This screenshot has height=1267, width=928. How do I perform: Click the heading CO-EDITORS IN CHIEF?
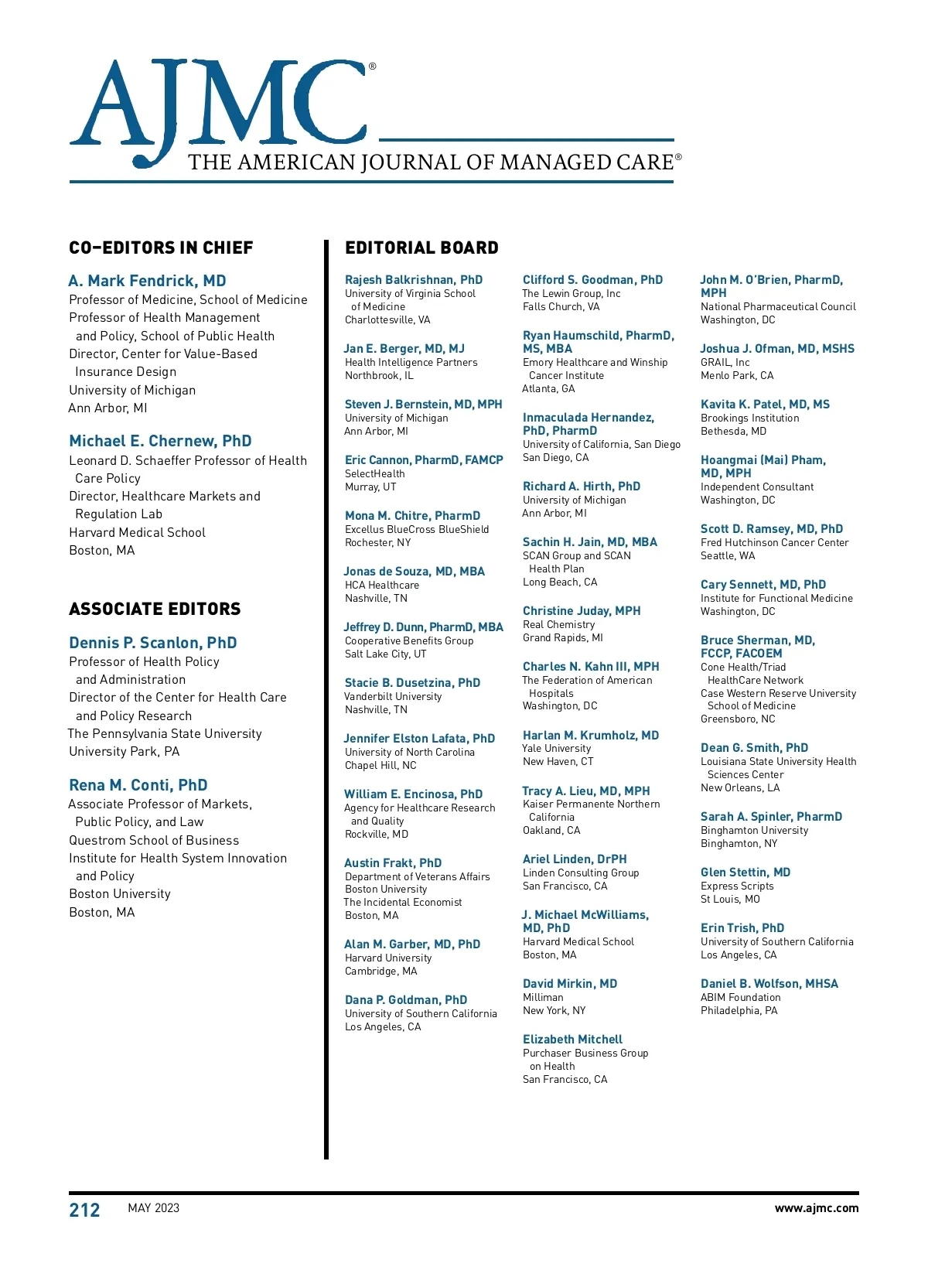161,248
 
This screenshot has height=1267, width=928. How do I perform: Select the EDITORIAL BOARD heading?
421,248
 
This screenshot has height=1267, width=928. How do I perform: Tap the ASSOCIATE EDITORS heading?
155,610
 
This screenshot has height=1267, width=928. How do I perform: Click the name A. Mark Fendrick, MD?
147,281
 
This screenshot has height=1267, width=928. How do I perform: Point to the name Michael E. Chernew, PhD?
160,441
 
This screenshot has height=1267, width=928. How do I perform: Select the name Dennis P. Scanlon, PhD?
152,643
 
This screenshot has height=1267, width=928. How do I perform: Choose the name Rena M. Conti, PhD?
138,785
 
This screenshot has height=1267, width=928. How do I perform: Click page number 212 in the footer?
84,1210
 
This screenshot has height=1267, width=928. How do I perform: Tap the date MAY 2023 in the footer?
153,1208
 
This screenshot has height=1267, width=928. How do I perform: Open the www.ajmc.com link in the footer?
816,1208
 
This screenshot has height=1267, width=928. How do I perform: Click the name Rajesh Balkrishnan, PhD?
413,280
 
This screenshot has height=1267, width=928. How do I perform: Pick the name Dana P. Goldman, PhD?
405,1000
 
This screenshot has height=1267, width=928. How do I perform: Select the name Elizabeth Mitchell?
572,1040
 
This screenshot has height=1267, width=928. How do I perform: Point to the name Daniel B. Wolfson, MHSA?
769,984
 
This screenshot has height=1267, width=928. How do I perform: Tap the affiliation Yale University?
556,749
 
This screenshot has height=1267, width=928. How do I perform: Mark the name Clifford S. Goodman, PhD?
592,280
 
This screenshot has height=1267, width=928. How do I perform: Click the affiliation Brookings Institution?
749,418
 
